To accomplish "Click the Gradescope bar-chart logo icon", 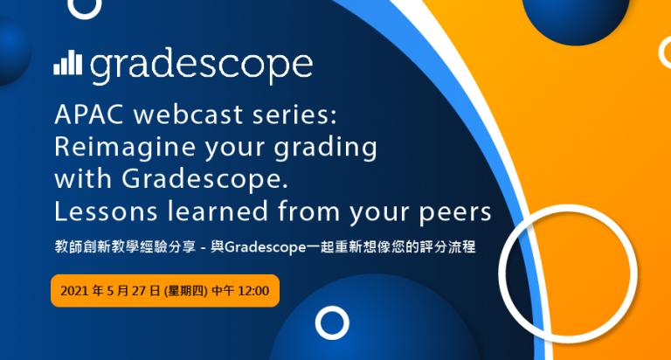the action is click(x=67, y=63).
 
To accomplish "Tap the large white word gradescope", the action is click(x=201, y=66).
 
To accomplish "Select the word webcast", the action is click(x=189, y=114).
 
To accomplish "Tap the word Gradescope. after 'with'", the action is click(x=204, y=178).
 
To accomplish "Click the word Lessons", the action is click(x=106, y=211).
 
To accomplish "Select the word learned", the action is click(x=218, y=211).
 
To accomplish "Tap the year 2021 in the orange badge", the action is click(x=74, y=291).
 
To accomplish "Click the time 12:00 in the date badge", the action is click(x=253, y=291).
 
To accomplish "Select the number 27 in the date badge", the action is click(x=139, y=291).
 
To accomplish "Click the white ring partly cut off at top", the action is click(x=85, y=17).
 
